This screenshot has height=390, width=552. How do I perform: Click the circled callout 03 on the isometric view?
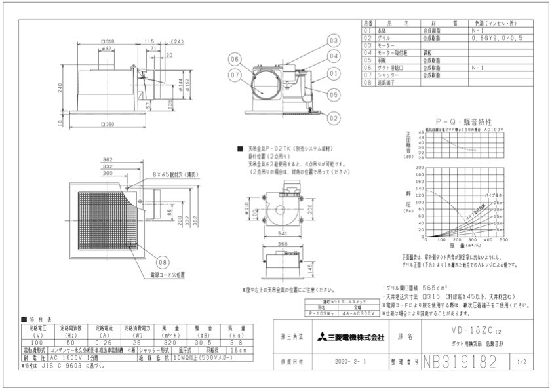coord(334,41)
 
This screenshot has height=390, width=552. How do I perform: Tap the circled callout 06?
coord(235,59)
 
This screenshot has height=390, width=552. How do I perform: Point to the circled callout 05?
coord(334,94)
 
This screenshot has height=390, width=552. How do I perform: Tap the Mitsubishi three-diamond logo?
coord(322,338)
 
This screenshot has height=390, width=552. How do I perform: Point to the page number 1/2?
coord(521,361)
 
